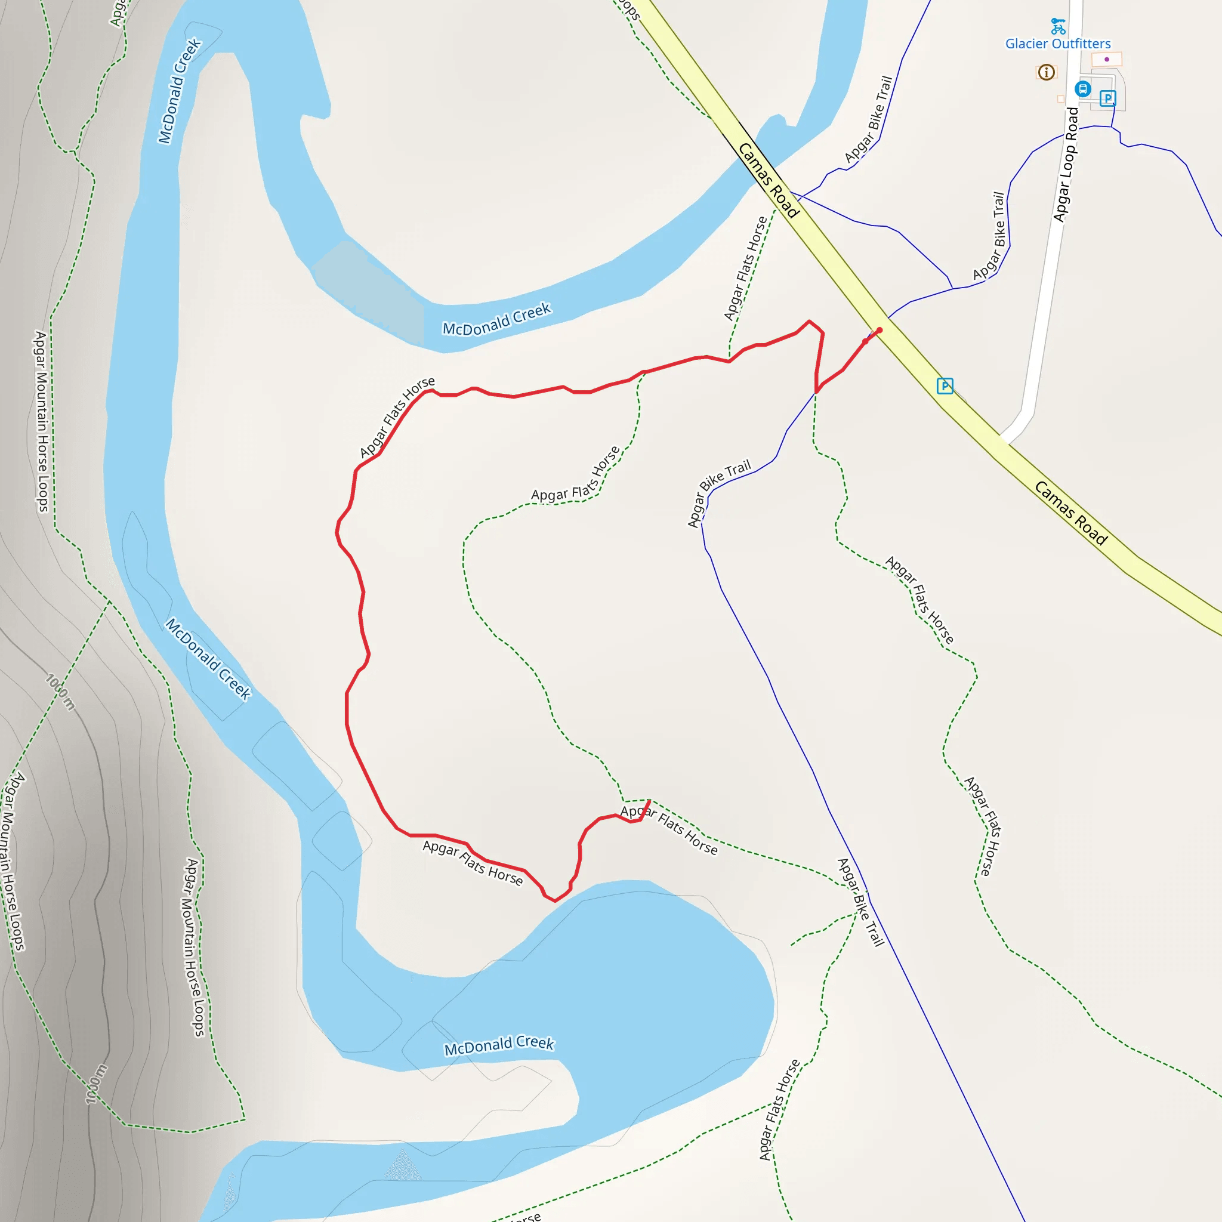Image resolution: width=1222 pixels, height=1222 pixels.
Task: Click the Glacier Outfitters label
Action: pyautogui.click(x=1057, y=44)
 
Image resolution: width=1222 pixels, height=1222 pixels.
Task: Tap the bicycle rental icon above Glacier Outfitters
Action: pyautogui.click(x=1057, y=26)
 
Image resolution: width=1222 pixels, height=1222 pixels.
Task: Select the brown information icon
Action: pyautogui.click(x=1046, y=72)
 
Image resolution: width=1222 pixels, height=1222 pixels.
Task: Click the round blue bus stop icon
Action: pyautogui.click(x=1083, y=88)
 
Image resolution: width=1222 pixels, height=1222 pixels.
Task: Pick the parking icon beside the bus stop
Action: pyautogui.click(x=1107, y=98)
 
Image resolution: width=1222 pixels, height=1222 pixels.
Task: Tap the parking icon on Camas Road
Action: pyautogui.click(x=945, y=385)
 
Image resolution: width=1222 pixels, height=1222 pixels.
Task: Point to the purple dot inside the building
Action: pyautogui.click(x=1106, y=60)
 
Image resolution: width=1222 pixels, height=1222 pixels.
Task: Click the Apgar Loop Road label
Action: pyautogui.click(x=1066, y=165)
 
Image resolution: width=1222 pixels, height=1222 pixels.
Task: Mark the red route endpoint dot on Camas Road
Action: pyautogui.click(x=879, y=330)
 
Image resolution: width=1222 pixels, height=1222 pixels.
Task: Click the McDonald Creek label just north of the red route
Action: pyautogui.click(x=496, y=319)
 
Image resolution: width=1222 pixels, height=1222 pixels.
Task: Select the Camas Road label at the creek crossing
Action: pyautogui.click(x=769, y=180)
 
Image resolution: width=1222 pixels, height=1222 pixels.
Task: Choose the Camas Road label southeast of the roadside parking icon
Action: pyautogui.click(x=1071, y=513)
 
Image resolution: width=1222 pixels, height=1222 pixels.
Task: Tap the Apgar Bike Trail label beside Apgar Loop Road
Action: pyautogui.click(x=989, y=236)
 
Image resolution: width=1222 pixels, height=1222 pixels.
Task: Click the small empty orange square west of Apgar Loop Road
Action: pyautogui.click(x=1061, y=99)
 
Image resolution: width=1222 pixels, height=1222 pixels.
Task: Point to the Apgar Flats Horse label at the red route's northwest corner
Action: pyautogui.click(x=397, y=417)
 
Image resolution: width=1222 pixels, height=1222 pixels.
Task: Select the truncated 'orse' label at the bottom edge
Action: pyautogui.click(x=526, y=1216)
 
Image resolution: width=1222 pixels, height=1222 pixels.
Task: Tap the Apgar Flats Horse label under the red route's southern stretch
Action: pyautogui.click(x=473, y=863)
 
